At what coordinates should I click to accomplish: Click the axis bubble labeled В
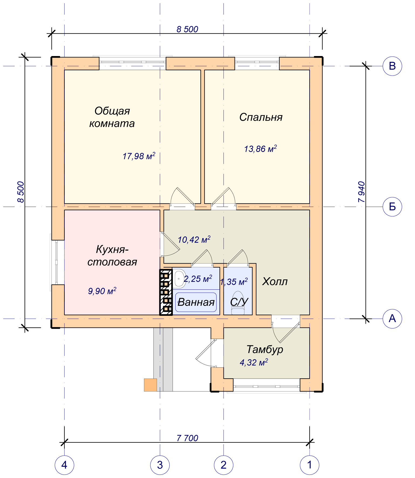tap(392, 66)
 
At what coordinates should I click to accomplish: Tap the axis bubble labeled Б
tap(392, 207)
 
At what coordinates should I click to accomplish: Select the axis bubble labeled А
tap(392, 319)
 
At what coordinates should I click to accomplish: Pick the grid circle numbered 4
tap(64, 465)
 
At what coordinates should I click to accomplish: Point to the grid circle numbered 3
tap(160, 465)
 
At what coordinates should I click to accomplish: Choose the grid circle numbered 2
tap(224, 465)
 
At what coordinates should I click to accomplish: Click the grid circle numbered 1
tap(310, 465)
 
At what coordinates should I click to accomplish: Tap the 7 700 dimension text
tap(187, 438)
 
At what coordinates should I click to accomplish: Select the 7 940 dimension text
tap(362, 192)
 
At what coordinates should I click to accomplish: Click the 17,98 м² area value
tap(139, 156)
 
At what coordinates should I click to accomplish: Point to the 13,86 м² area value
tap(260, 148)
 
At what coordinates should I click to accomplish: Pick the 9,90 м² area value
tap(102, 291)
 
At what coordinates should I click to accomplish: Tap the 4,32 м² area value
tap(254, 362)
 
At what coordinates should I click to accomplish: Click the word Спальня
tap(261, 117)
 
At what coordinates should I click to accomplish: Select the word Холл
tap(275, 282)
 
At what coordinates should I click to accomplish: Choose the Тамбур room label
tap(265, 349)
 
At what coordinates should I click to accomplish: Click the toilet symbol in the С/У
tap(238, 303)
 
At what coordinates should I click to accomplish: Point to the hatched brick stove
tap(166, 292)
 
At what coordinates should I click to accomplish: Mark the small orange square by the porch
tap(150, 385)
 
